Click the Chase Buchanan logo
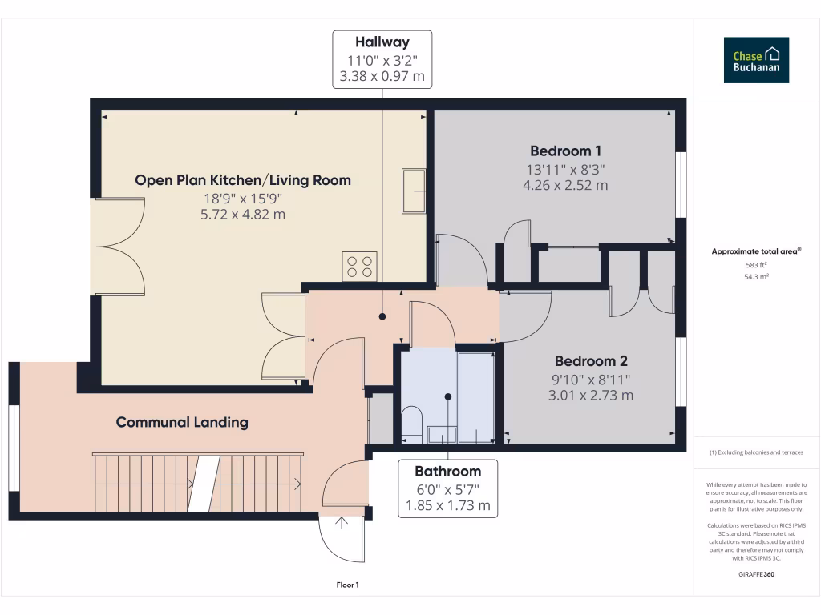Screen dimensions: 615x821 point(756,60)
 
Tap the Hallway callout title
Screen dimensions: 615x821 point(382,42)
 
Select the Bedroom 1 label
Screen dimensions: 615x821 point(565,151)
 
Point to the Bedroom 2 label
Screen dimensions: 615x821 point(590,360)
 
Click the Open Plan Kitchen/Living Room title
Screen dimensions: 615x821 point(243,180)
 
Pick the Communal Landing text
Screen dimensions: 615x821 point(182,422)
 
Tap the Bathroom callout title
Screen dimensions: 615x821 point(447,471)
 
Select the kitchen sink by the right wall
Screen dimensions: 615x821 point(414,191)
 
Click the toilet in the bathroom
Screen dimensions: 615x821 point(410,422)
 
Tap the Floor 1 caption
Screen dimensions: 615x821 point(346,585)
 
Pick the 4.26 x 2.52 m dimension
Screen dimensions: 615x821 point(565,185)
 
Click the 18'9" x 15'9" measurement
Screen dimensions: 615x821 point(243,199)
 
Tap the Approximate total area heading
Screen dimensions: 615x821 point(756,251)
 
